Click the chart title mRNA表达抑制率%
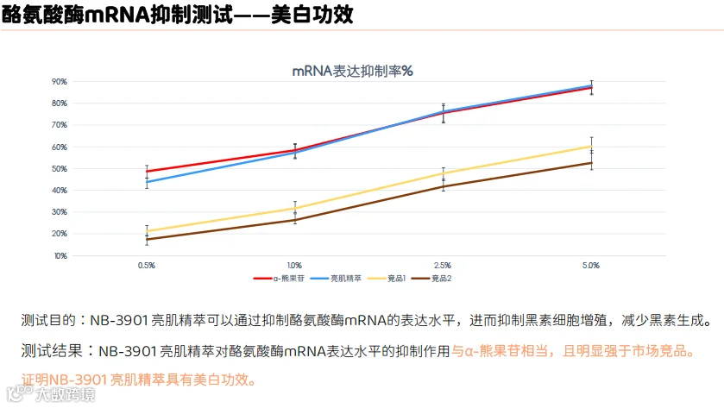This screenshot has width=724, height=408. coord(352,71)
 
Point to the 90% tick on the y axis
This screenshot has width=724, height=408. coord(59,82)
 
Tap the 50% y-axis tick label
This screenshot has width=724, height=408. coord(59,169)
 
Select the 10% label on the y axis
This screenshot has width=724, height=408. coord(60,255)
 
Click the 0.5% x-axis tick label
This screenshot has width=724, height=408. coord(147,266)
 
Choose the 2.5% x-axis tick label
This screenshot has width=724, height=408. coord(443,266)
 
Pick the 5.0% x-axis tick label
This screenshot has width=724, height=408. coord(591,266)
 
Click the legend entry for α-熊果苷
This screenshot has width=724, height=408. coord(279,279)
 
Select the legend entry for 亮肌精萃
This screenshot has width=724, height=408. coord(336,279)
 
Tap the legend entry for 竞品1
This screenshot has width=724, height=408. coord(387,279)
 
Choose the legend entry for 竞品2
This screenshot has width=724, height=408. coord(431,279)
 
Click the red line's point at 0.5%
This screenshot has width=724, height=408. coord(147,172)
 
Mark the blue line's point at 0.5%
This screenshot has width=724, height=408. coord(147,182)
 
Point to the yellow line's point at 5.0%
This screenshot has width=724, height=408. coord(591,147)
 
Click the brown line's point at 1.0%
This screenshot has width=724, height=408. coord(295,220)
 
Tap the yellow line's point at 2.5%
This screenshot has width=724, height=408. coord(444,174)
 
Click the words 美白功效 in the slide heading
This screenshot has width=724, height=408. coord(312,15)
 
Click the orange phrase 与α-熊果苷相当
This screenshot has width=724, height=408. coord(500,351)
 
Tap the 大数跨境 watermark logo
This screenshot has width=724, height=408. coord(51,393)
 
